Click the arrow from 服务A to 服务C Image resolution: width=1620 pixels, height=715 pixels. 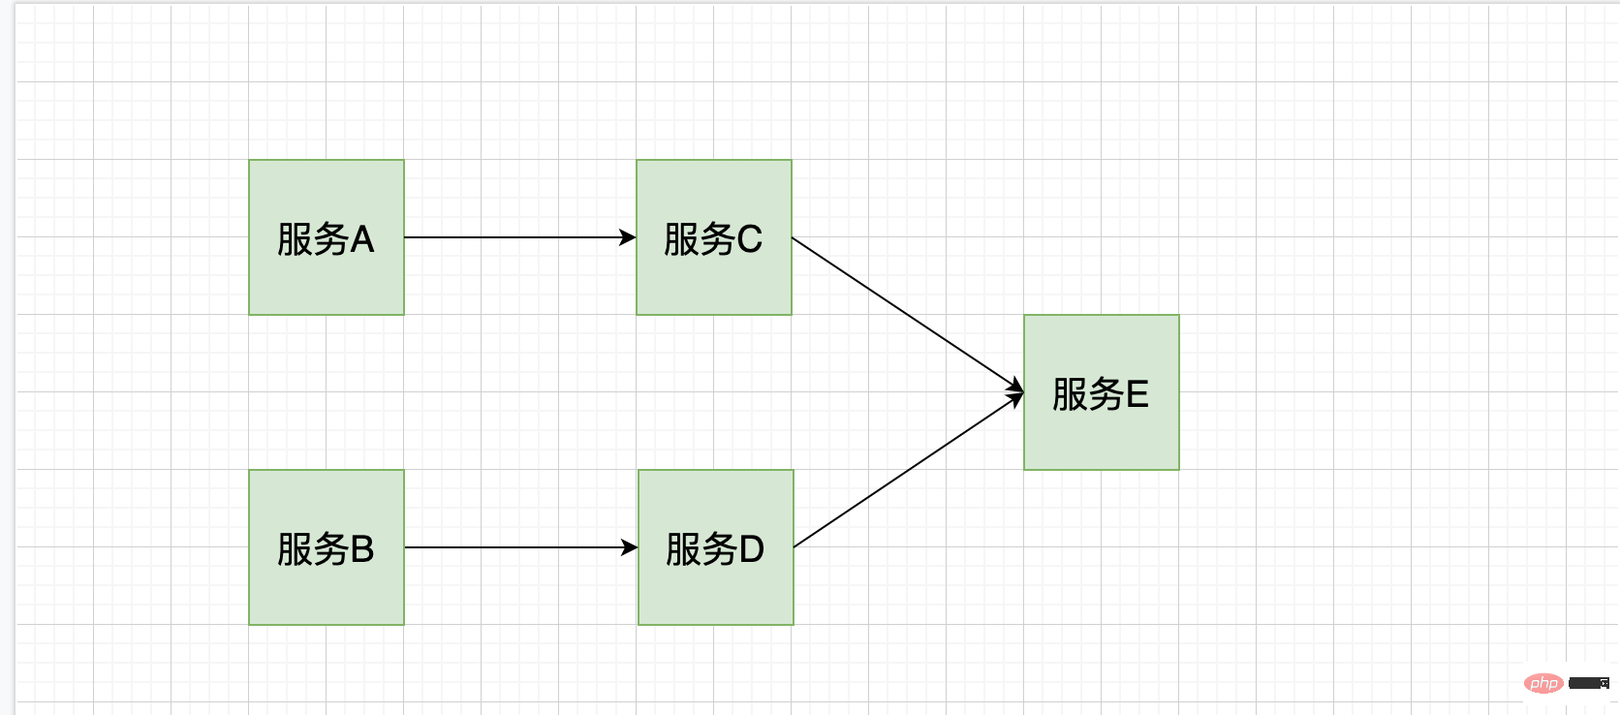[x=514, y=237]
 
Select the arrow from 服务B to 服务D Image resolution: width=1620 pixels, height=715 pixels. [x=514, y=547]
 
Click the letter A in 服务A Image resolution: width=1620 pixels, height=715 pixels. [x=361, y=239]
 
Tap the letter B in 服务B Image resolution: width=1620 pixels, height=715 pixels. [x=362, y=549]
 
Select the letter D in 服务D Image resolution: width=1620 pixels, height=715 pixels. [x=752, y=549]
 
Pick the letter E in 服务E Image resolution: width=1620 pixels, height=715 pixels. [x=1137, y=394]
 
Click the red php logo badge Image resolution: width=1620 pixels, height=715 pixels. [x=1543, y=683]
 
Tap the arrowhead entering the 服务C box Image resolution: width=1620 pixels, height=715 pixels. [x=629, y=237]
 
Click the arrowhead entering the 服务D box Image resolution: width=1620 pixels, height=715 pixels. [x=631, y=547]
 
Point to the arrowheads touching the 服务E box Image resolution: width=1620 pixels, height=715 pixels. [x=1015, y=392]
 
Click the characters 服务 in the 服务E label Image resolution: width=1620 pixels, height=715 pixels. [x=1087, y=394]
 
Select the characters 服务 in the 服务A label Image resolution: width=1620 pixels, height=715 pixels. [x=312, y=239]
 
